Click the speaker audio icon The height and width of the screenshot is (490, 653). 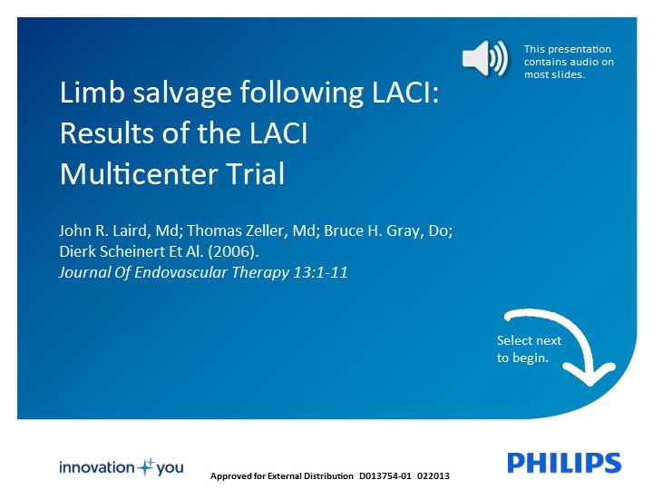coord(484,58)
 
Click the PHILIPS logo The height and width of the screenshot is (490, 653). coord(564,463)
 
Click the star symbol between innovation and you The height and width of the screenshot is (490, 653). coord(146,467)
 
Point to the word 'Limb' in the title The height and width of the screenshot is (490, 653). coord(93,92)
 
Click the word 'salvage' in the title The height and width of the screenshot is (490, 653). coord(182,93)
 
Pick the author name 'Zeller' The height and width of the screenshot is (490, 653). coord(266,230)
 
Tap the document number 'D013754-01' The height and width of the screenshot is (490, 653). coord(385,475)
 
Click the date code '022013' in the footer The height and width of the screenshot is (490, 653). coord(434,475)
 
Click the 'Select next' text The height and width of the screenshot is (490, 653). coord(529,340)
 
